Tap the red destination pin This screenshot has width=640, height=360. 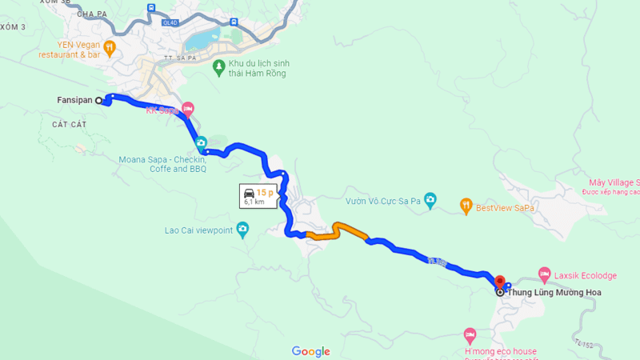pos(500,282)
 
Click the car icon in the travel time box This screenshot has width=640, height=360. pos(249,193)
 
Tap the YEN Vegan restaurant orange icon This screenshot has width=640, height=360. pos(110,47)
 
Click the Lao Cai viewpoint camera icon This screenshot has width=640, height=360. pos(243,230)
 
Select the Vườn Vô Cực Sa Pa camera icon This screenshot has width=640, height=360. pos(430,199)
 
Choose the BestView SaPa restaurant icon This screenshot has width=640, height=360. pos(466,207)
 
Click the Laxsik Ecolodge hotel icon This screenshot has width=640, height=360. pos(545,274)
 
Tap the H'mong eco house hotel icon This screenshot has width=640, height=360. pos(470,334)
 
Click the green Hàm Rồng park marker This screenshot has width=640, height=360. pos(218,68)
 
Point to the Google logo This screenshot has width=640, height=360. pos(310,351)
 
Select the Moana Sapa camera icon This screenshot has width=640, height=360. pos(201,142)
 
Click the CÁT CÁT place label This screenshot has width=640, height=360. pos(68,125)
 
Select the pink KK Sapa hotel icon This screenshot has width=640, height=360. pos(188,108)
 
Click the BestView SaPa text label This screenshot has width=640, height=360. pos(505,208)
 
